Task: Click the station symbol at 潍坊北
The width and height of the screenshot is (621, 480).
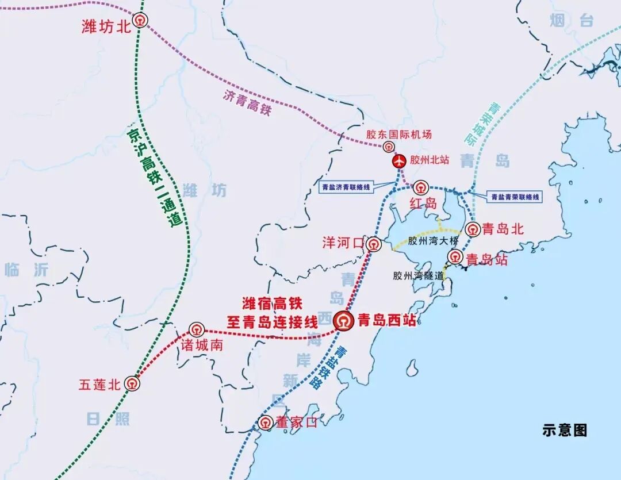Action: tap(140, 21)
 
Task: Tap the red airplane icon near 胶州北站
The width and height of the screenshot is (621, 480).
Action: tap(399, 162)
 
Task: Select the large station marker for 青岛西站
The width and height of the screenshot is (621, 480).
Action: tap(344, 321)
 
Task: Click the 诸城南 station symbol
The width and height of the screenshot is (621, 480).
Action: tap(197, 330)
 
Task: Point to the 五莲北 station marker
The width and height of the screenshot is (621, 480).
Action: tap(132, 383)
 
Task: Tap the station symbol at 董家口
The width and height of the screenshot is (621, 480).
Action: tap(265, 423)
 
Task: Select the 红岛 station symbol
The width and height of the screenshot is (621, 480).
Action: tap(421, 187)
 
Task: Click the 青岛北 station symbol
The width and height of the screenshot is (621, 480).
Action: tap(473, 229)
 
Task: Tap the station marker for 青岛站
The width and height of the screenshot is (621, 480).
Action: tap(455, 256)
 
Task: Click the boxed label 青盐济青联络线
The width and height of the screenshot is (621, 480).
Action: tap(346, 187)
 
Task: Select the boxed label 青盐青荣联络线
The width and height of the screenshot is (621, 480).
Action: tap(515, 197)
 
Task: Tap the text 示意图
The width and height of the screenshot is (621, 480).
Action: tap(565, 430)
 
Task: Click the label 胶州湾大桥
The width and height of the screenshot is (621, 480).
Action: tap(434, 241)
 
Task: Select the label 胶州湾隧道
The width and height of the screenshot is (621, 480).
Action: tap(419, 275)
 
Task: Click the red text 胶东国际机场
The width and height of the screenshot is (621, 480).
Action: tap(399, 135)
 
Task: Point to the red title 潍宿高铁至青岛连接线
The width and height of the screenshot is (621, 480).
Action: tap(273, 312)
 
